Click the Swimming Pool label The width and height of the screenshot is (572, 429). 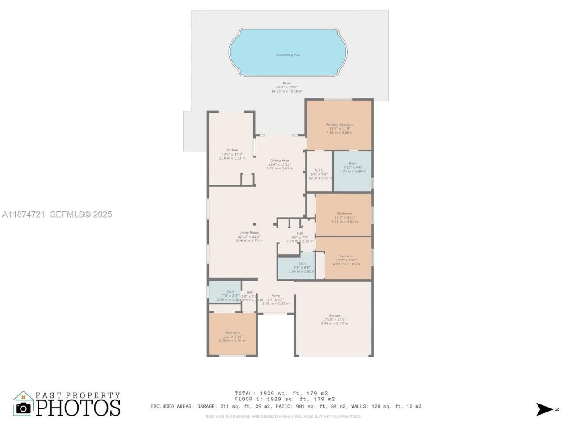click(288, 55)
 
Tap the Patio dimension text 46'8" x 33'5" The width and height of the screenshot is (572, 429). click(286, 87)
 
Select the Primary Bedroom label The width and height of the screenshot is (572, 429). click(340, 125)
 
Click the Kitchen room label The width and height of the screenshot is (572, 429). click(232, 150)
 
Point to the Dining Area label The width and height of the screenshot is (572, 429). click(280, 160)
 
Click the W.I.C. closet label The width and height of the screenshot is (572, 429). click(319, 170)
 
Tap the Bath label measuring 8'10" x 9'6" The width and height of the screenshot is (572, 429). click(353, 164)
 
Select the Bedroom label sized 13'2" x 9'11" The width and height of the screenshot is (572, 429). click(345, 214)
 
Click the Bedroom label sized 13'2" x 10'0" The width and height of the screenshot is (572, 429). click(346, 257)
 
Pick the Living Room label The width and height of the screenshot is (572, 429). click(249, 233)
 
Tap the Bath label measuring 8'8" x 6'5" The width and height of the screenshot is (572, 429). click(302, 264)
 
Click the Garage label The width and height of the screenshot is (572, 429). click(334, 315)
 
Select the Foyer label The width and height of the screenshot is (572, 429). click(276, 296)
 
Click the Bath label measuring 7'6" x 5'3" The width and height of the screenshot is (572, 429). click(230, 292)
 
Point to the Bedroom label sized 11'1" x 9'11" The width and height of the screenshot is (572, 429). click(232, 332)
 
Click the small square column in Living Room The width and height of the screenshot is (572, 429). click(255, 224)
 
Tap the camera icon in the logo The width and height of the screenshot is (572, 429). click(23, 408)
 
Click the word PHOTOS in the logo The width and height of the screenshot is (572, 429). click(78, 408)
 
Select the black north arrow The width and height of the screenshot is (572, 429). click(545, 409)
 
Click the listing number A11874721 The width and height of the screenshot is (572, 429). click(23, 214)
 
